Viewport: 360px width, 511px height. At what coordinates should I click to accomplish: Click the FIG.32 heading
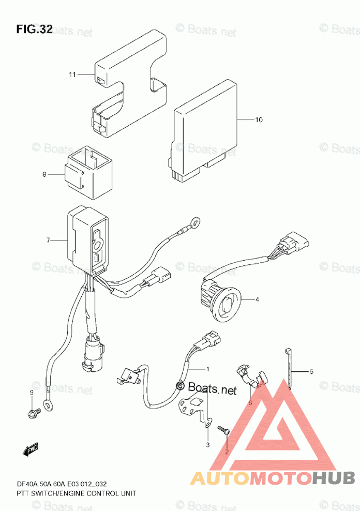click(x=34, y=29)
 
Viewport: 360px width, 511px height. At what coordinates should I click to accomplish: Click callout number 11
click(x=72, y=74)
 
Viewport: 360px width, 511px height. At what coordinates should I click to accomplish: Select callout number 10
click(x=259, y=120)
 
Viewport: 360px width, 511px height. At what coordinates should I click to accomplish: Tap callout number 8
click(x=44, y=174)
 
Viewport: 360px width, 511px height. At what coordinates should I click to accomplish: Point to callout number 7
click(x=48, y=241)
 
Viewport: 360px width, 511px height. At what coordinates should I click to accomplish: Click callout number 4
click(x=257, y=299)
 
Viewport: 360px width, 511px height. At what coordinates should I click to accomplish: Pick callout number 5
click(x=312, y=371)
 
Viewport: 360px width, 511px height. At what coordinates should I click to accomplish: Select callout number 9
click(x=31, y=393)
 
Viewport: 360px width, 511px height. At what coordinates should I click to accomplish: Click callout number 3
click(x=207, y=445)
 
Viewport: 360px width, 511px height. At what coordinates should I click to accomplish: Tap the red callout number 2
click(x=226, y=452)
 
